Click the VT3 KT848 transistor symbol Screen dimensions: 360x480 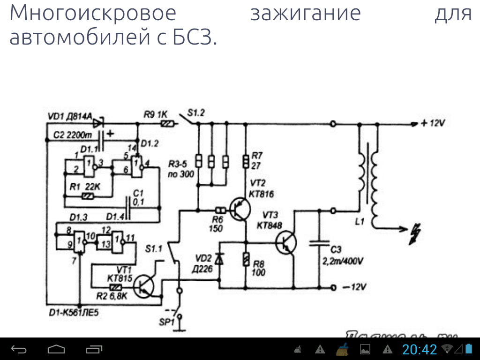pos(285,242)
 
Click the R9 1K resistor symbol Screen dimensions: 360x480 pos(167,124)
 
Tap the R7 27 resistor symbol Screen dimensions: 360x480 pos(245,161)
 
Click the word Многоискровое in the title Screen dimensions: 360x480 pos(93,14)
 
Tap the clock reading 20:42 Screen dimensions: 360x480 pos(420,349)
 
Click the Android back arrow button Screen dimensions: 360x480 pos(19,349)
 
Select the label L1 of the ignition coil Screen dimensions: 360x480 pos(360,222)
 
